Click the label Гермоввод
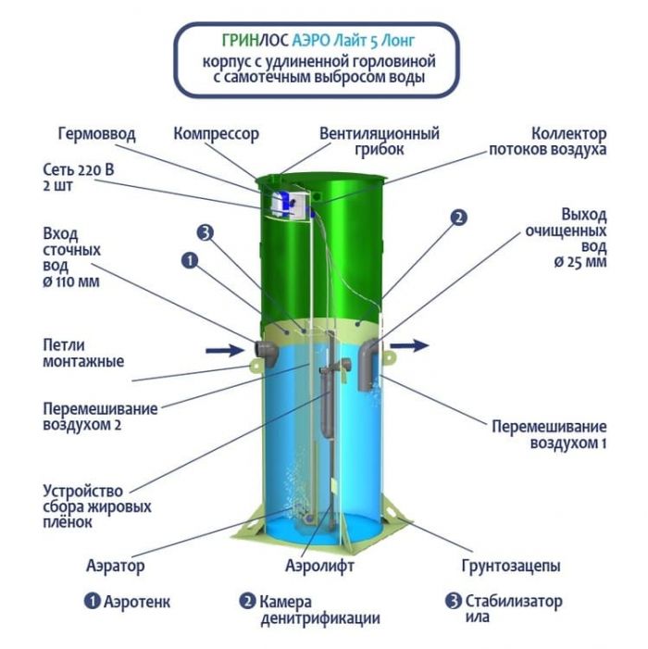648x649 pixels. point(97,134)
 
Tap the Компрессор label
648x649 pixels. point(216,134)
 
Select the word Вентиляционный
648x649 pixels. point(380,134)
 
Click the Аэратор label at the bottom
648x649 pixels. point(116,565)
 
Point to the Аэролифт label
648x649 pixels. point(320,565)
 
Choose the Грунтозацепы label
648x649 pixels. point(511,566)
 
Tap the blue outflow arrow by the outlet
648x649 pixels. point(408,344)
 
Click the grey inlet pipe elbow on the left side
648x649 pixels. point(267,352)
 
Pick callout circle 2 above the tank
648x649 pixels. point(458,218)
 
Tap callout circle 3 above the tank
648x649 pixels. point(206,232)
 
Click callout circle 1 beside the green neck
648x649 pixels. point(190,261)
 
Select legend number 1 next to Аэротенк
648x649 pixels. point(92,601)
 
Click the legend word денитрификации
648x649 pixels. point(320,618)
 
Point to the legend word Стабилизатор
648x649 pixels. point(514,601)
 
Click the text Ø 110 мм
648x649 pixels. point(71,281)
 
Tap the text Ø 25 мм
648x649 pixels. point(580,262)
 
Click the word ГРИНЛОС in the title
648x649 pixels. point(255,40)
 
